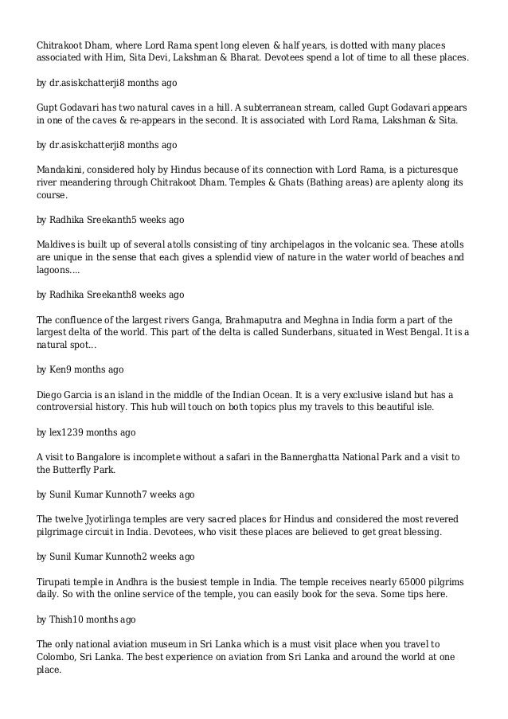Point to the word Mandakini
tap(64, 170)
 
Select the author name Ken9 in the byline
tap(63, 369)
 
